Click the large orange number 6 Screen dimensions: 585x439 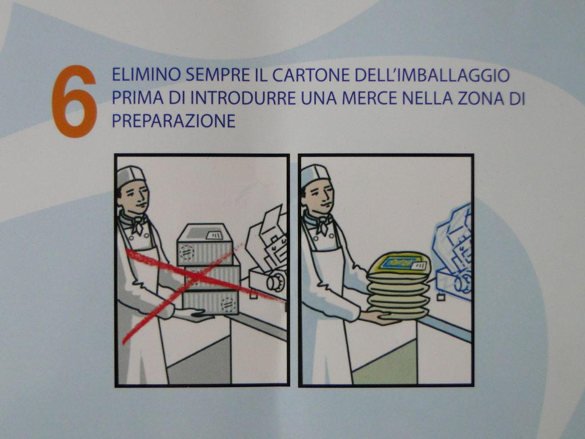coord(74,101)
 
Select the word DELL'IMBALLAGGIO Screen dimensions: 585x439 coord(432,75)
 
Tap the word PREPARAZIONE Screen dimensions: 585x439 coord(174,121)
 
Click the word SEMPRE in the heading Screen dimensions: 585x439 coord(217,75)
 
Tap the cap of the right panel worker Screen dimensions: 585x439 coord(315,175)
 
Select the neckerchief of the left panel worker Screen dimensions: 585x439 coord(135,223)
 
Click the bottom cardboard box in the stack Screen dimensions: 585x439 coord(211,302)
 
